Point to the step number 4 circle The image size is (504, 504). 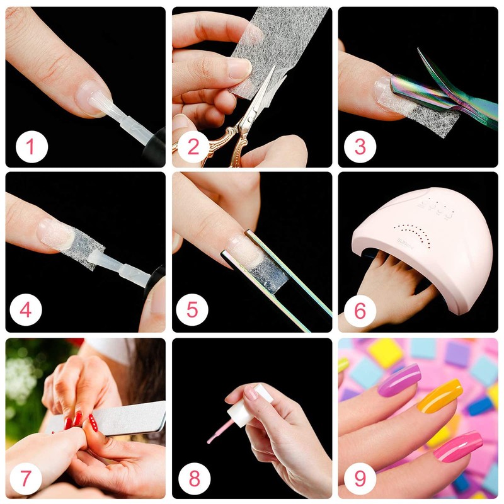(27, 309)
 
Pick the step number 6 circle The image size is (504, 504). (360, 309)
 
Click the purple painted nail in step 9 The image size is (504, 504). (399, 379)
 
